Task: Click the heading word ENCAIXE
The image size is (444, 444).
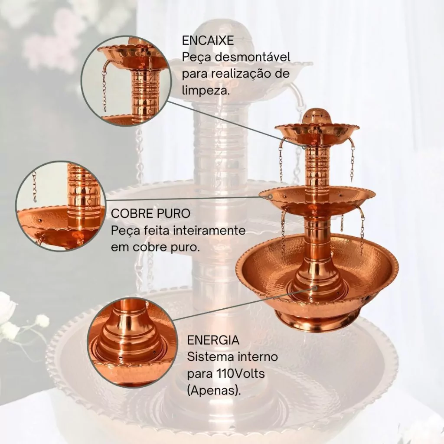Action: (208, 40)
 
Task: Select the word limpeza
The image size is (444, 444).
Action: (206, 91)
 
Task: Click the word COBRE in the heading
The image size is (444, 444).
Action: (132, 213)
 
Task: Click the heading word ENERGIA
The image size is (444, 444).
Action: (213, 340)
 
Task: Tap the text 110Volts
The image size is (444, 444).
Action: (240, 373)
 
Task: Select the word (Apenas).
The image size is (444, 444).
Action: (214, 391)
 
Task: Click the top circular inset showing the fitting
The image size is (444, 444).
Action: (126, 81)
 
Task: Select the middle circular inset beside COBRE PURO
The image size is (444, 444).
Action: (61, 206)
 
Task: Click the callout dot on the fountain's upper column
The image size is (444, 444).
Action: (304, 147)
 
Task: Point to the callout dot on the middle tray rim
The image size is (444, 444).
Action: (271, 196)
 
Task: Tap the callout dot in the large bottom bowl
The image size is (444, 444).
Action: (315, 287)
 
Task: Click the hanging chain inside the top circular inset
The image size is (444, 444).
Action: (104, 91)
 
